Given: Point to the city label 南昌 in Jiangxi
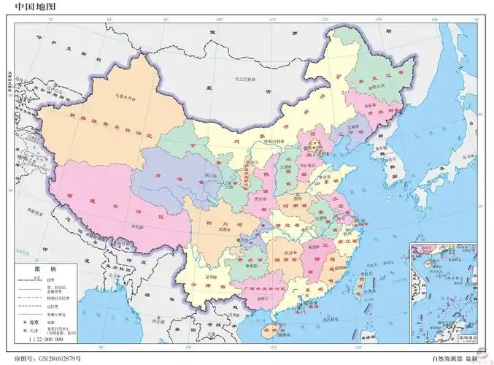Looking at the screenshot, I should [x=314, y=247].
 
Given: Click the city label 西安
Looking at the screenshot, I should [x=259, y=198].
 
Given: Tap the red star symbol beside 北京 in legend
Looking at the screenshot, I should [x=24, y=321].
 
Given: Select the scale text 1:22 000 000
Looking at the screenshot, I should [x=45, y=339].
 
